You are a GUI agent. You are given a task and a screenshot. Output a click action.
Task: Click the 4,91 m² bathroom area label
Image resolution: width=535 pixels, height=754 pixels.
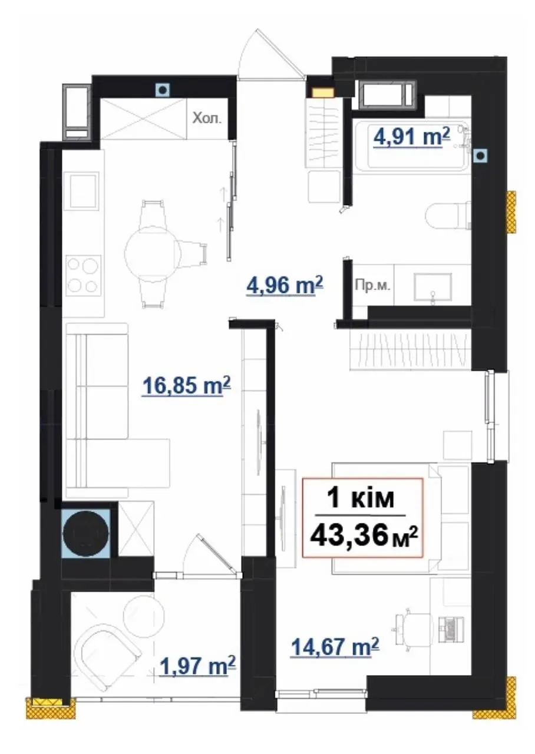pyautogui.click(x=411, y=138)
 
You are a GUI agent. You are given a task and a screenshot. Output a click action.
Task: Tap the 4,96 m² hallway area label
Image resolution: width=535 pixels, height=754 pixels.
pyautogui.click(x=285, y=286)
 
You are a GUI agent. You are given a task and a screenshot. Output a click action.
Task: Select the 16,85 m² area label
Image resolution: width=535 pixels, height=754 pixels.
pyautogui.click(x=187, y=385)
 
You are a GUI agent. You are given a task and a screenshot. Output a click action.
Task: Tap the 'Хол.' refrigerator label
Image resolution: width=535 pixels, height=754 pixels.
pyautogui.click(x=207, y=119)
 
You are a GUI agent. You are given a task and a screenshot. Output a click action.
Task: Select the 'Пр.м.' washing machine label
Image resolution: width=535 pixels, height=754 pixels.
pyautogui.click(x=373, y=286)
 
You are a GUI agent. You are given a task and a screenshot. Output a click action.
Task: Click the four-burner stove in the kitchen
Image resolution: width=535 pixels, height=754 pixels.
pyautogui.click(x=84, y=275)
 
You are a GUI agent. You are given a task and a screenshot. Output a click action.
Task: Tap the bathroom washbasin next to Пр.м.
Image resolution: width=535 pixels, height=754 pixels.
pyautogui.click(x=432, y=287)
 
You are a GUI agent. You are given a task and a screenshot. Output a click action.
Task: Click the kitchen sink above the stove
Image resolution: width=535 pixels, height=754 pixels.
pyautogui.click(x=84, y=191)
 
